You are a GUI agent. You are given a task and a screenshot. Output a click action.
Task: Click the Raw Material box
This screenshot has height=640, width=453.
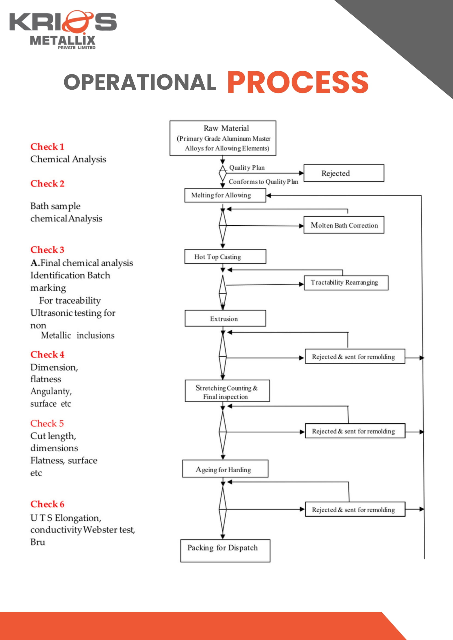coord(223,138)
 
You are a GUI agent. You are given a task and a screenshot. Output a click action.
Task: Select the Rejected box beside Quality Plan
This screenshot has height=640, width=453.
coord(344,173)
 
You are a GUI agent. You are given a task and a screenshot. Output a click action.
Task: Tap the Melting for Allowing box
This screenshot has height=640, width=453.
coord(225,195)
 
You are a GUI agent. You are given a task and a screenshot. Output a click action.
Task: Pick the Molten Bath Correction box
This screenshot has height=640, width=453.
coord(344,225)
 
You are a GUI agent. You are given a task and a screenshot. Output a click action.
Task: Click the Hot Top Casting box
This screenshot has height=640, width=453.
coord(225,257)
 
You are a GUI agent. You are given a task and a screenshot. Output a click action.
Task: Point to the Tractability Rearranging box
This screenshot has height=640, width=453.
coord(346,283)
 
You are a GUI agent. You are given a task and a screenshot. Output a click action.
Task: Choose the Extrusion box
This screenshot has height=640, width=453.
coord(225,318)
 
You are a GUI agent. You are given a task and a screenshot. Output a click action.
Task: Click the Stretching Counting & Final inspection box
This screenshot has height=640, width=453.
coord(227,391)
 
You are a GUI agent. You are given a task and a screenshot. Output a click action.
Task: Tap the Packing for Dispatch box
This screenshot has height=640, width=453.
coord(225,551)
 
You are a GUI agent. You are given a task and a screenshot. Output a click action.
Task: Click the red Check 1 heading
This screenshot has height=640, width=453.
coord(47,147)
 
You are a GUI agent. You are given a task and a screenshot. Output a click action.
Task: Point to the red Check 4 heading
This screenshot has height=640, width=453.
coord(47,354)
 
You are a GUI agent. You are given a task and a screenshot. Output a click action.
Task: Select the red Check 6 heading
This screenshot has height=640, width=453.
coord(47,504)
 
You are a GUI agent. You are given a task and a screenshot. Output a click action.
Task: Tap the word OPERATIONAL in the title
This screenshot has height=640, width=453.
coord(140,82)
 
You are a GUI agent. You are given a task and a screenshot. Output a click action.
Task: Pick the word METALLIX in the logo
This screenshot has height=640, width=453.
coord(62,41)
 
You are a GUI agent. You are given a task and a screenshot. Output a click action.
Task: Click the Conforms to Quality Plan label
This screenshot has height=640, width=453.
coord(263,182)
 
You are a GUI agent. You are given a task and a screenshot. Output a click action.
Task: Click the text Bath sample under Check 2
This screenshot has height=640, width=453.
coord(55,206)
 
